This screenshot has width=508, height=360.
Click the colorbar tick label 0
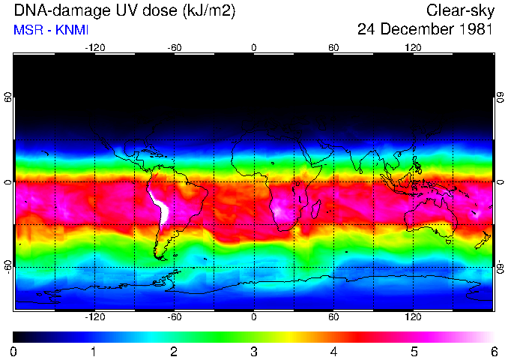[14, 351]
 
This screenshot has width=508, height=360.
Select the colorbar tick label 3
[254, 351]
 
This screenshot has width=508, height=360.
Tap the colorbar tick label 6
[494, 351]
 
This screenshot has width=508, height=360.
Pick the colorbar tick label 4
[333, 351]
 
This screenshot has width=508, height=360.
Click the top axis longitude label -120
[95, 47]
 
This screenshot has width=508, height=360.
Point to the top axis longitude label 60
[333, 47]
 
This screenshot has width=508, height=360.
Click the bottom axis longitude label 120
[414, 317]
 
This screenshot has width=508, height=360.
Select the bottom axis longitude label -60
[175, 317]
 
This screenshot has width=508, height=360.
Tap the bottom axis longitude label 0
[254, 317]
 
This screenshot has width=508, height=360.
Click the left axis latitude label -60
[7, 266]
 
